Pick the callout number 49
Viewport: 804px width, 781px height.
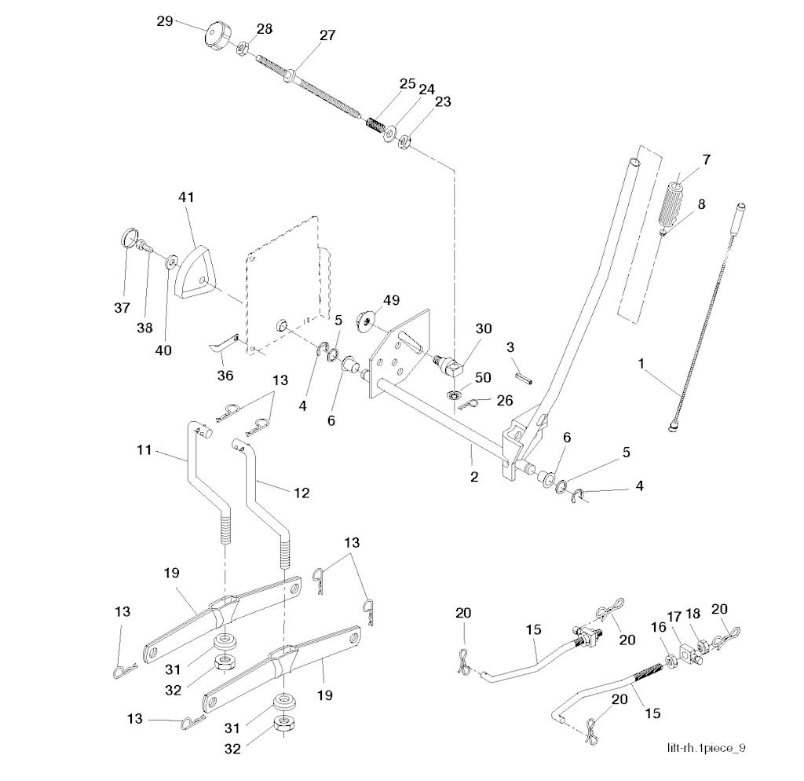click(391, 300)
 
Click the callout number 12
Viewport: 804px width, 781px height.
click(301, 493)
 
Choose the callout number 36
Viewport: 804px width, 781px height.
click(226, 376)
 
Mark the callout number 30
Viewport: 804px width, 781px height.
click(484, 329)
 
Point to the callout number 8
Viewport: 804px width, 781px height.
click(701, 203)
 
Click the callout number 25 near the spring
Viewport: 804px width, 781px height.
click(407, 82)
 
